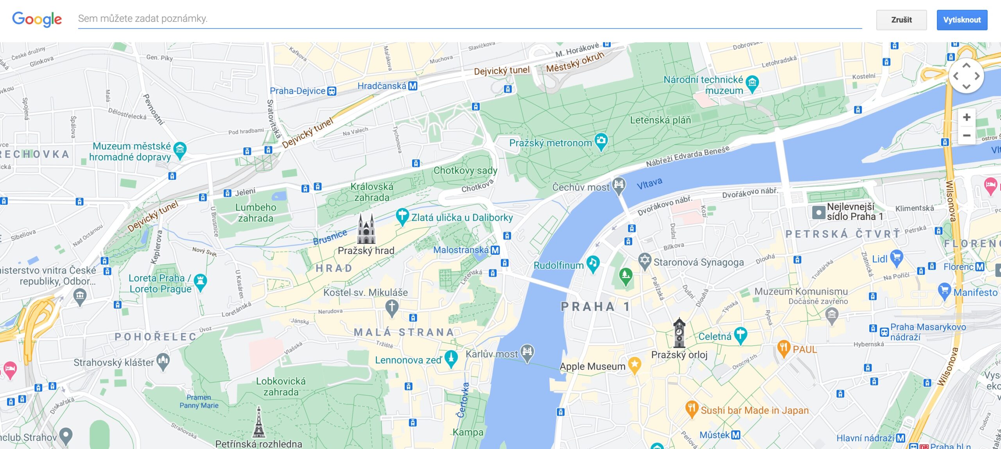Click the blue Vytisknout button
pos(962,20)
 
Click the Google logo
pos(37,19)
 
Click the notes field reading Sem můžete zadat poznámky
pos(469,19)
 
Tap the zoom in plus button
pos(966,117)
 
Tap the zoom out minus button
pos(966,135)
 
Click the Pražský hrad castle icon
pos(366,229)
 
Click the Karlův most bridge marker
pos(527,352)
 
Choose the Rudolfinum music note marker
pos(593,263)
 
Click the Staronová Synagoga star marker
pos(644,260)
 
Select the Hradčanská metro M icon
pos(413,86)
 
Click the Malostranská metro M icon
pos(495,250)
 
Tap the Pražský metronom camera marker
pos(601,141)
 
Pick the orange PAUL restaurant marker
pos(783,347)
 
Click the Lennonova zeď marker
pos(451,358)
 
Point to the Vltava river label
pos(649,183)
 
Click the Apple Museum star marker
pos(634,365)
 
